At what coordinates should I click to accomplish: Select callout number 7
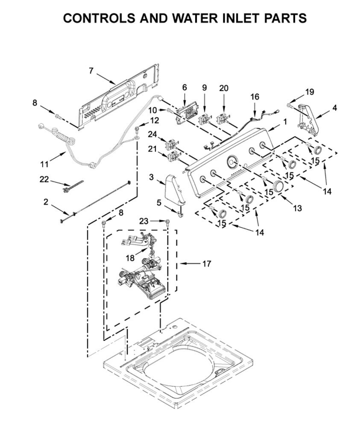(91, 71)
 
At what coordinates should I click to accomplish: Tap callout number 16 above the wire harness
(255, 97)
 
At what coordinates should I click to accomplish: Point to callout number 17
(206, 264)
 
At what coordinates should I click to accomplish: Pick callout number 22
(44, 179)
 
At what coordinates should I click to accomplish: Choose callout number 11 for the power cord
(45, 164)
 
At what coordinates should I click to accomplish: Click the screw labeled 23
(167, 222)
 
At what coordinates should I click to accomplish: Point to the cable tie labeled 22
(73, 186)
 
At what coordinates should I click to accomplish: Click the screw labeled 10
(170, 111)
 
